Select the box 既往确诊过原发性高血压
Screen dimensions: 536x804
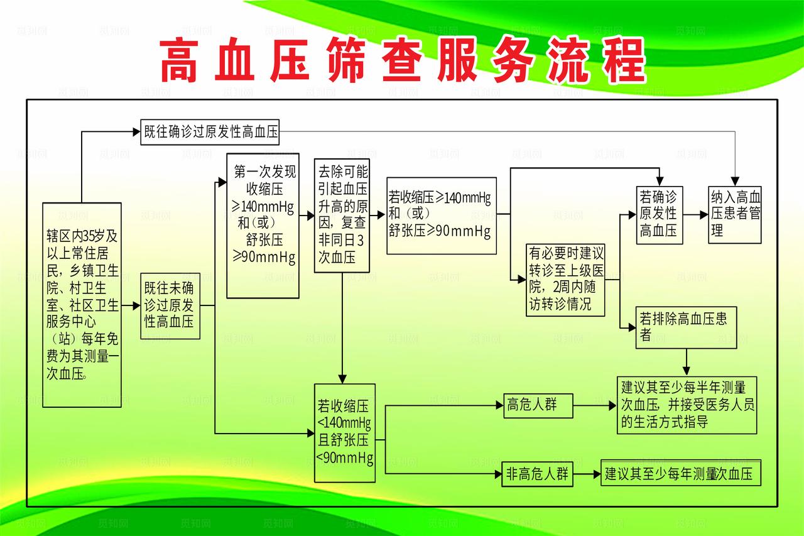click(210, 132)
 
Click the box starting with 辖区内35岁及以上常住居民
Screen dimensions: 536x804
click(82, 305)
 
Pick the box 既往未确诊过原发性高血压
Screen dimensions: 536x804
click(170, 306)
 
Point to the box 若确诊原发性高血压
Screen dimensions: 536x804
click(659, 214)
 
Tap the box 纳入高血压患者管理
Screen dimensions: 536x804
click(735, 214)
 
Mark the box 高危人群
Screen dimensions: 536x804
click(538, 405)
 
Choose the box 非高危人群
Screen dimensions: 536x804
click(538, 474)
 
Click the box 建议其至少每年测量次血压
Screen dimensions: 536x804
click(680, 474)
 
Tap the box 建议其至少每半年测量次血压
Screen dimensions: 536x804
click(687, 405)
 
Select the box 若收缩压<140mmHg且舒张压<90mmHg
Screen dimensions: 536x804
click(345, 433)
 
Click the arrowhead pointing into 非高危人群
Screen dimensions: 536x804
click(500, 474)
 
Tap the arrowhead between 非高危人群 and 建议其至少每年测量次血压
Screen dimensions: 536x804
click(597, 474)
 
